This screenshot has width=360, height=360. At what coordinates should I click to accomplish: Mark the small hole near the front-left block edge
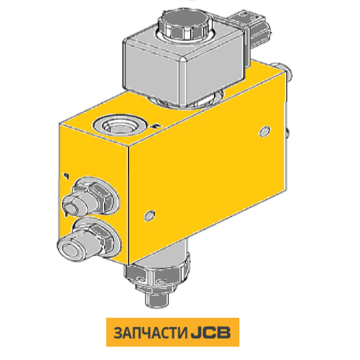(148, 215)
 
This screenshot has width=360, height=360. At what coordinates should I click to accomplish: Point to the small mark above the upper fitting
(65, 175)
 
